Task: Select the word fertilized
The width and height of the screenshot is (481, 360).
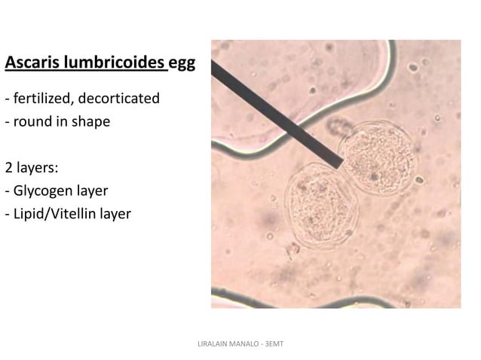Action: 41,99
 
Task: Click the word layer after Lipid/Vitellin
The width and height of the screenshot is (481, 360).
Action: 114,215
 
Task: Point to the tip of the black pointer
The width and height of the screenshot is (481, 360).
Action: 341,163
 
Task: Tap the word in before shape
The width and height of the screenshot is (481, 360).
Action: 66,121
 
